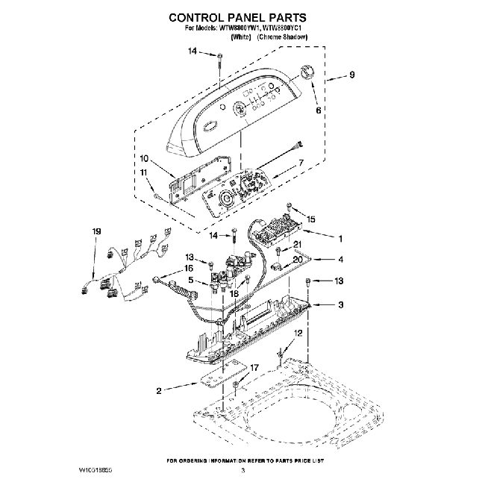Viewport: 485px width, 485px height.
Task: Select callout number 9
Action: click(x=351, y=75)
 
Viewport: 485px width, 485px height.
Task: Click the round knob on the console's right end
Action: click(x=305, y=71)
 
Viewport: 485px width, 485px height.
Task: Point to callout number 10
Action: click(x=144, y=158)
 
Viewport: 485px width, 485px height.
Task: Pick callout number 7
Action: click(x=301, y=163)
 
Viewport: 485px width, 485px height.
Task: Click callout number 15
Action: click(x=311, y=219)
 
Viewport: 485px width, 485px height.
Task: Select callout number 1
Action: click(x=340, y=240)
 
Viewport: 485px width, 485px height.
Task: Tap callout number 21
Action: click(x=296, y=245)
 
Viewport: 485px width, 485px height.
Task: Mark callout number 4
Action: click(x=340, y=260)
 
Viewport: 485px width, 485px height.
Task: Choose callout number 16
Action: click(x=189, y=267)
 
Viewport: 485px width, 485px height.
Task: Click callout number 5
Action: click(x=192, y=281)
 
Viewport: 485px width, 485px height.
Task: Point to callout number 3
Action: click(x=340, y=304)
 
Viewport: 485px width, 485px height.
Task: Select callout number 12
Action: click(x=298, y=334)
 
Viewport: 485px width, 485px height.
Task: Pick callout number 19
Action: click(x=95, y=233)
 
